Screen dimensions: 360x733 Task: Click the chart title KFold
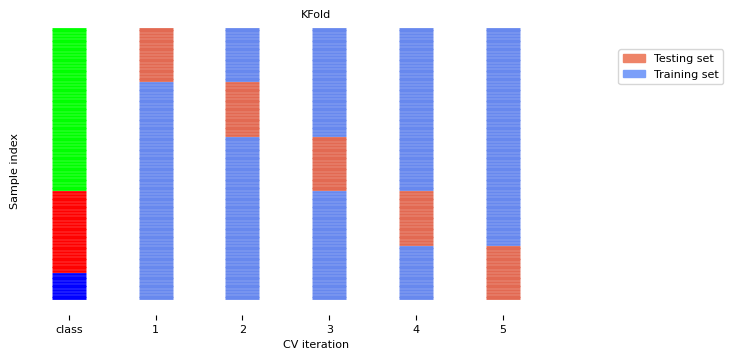click(315, 15)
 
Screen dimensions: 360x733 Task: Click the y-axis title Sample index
click(14, 171)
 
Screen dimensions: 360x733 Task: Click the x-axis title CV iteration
click(315, 345)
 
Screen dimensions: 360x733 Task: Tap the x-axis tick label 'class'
click(69, 329)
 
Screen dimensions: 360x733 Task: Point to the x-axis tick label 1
click(155, 329)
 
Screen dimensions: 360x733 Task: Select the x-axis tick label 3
click(329, 329)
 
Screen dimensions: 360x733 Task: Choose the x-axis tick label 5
click(503, 329)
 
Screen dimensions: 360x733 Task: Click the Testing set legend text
click(683, 59)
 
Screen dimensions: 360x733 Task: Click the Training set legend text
click(685, 75)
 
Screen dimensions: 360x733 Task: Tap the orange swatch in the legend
click(634, 59)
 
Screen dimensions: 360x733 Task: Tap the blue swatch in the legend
click(634, 75)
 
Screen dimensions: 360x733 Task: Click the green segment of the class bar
click(69, 110)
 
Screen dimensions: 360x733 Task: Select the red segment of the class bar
click(69, 232)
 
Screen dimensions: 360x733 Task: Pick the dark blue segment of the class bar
click(69, 287)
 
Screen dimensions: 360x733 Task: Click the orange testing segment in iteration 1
click(156, 55)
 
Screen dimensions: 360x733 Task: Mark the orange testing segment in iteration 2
click(242, 109)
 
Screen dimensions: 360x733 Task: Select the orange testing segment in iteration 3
click(329, 164)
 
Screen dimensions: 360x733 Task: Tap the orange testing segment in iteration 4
click(416, 218)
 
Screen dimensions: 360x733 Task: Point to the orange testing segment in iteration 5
click(503, 272)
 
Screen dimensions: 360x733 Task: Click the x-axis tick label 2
click(242, 329)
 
